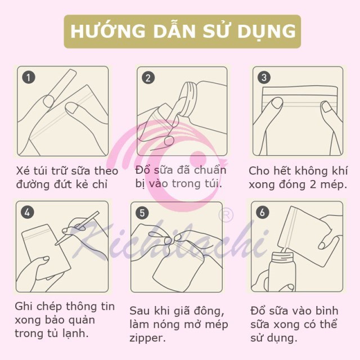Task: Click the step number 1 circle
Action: click(28, 78)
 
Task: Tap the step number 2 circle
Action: click(148, 78)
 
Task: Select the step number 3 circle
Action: click(263, 78)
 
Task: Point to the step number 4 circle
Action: click(28, 212)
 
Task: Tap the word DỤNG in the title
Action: click(267, 30)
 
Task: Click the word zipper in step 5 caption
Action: click(147, 338)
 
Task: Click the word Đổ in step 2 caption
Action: click(143, 170)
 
